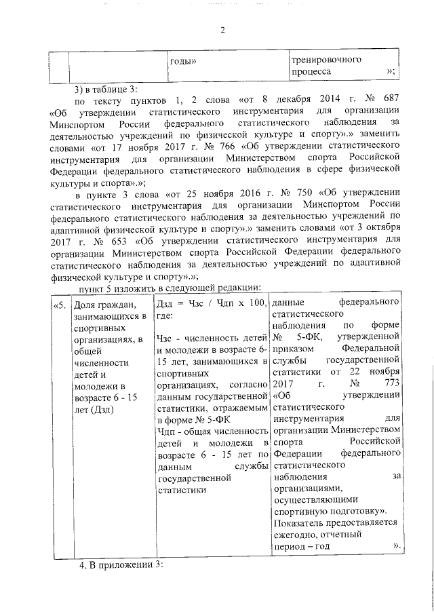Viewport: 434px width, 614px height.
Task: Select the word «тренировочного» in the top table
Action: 325,60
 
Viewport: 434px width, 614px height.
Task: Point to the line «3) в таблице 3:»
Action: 106,90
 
